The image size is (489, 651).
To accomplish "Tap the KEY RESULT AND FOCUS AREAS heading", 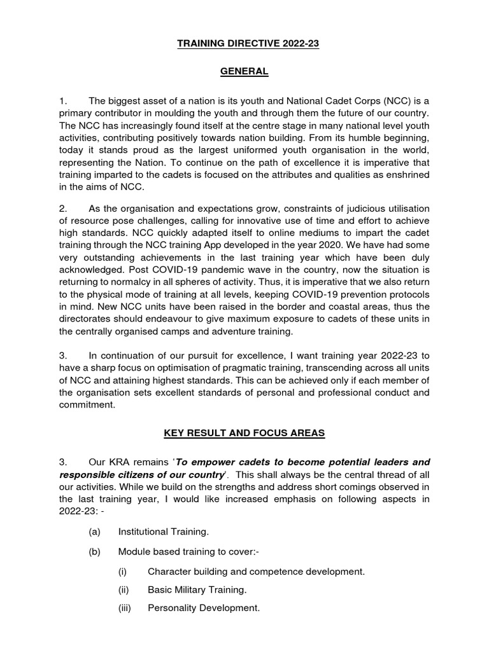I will point(244,433).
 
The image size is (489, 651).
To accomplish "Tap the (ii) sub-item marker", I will point(124,589).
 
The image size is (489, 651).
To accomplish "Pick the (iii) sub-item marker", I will point(125,608).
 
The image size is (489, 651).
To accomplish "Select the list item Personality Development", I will point(204,608).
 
